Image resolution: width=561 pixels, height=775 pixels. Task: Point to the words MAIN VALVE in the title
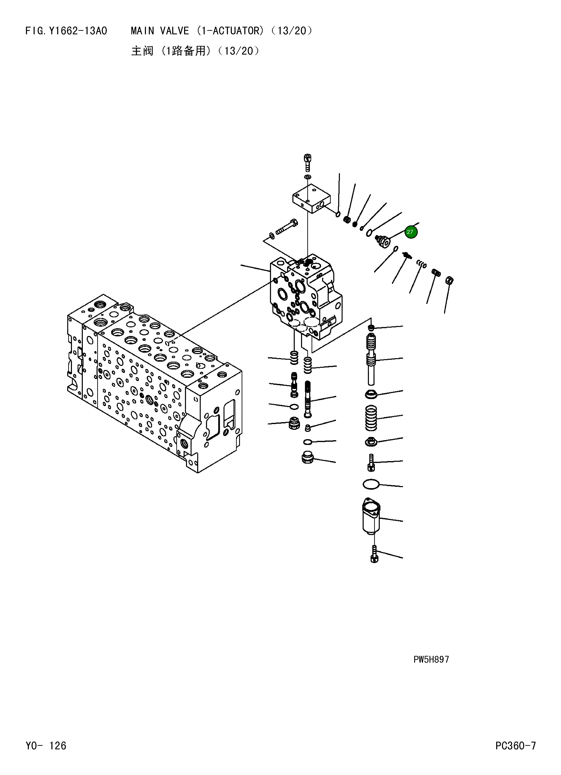click(160, 31)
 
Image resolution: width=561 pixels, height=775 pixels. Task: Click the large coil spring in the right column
click(371, 418)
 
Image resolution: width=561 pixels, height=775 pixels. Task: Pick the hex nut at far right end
click(450, 281)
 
